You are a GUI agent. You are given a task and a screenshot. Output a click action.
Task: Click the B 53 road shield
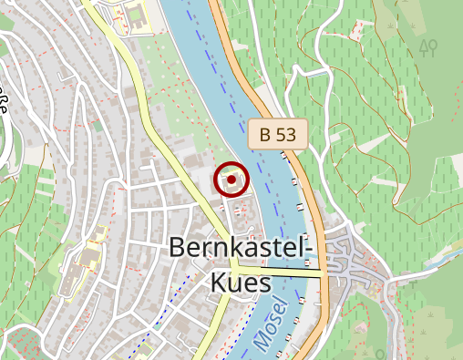click(277, 135)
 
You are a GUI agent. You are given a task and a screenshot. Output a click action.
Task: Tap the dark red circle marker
click(231, 180)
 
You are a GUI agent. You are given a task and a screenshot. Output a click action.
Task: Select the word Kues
click(241, 283)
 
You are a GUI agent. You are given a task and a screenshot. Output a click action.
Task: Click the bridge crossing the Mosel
click(278, 273)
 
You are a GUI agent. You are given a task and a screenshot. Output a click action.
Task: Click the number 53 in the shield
click(285, 135)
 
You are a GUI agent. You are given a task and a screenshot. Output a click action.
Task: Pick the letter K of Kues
click(220, 283)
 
